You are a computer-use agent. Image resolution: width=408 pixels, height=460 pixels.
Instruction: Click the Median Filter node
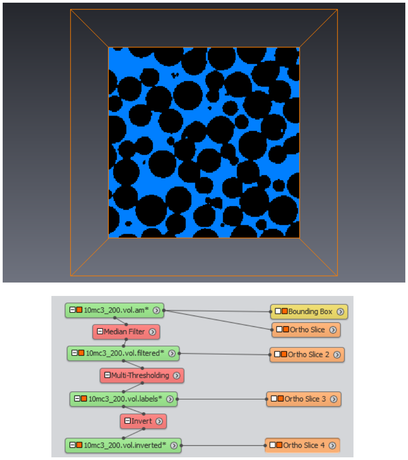(126, 332)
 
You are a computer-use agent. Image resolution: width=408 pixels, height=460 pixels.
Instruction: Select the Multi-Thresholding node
(142, 376)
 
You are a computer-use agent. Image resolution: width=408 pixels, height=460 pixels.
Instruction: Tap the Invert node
(143, 421)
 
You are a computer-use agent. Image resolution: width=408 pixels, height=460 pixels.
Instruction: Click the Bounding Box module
(309, 312)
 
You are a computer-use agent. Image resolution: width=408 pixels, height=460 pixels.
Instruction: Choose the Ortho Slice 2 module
(307, 354)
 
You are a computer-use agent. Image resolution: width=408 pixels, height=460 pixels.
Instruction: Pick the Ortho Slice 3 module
(304, 399)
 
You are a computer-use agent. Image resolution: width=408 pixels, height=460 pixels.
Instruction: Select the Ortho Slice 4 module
(303, 445)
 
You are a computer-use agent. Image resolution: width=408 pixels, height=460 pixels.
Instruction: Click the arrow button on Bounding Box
(340, 312)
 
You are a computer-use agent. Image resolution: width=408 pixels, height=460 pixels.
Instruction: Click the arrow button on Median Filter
(152, 332)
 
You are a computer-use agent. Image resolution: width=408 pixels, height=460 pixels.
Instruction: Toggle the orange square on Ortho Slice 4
(279, 445)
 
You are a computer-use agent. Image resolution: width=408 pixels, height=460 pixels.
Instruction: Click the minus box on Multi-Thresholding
(107, 375)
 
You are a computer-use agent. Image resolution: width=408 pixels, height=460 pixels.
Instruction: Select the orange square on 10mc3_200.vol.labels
(84, 398)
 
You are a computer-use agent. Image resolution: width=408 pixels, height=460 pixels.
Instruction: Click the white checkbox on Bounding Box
(278, 311)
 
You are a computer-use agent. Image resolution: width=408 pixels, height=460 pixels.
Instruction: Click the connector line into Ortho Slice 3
(222, 399)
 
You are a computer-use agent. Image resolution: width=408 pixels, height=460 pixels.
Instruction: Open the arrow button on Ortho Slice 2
(337, 354)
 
